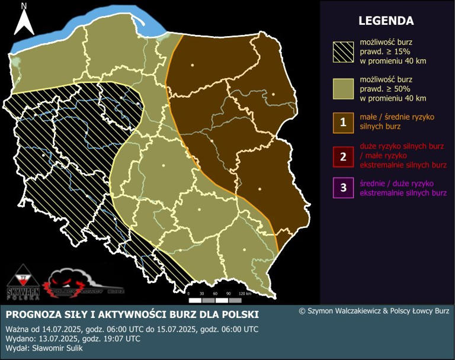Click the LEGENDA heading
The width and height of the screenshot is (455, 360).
click(386, 21)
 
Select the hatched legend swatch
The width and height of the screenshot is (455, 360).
click(342, 53)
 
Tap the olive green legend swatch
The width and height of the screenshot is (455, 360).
click(342, 88)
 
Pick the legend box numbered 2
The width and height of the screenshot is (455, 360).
click(343, 157)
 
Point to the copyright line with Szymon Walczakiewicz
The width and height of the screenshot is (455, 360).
click(374, 310)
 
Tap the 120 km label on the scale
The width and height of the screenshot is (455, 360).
click(245, 293)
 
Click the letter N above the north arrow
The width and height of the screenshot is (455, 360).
click(24, 7)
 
